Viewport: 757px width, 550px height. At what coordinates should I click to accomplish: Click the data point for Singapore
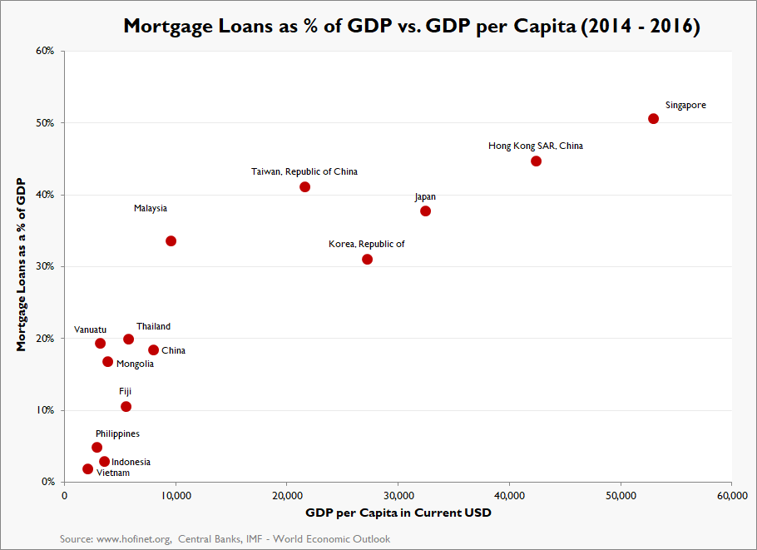tap(653, 118)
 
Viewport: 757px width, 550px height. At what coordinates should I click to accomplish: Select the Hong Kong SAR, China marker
tap(536, 161)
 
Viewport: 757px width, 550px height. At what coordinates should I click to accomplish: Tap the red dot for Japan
tap(425, 211)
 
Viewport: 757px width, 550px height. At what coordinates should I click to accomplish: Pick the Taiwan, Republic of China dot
tap(304, 186)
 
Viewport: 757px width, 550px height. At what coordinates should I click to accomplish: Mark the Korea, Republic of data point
tap(367, 259)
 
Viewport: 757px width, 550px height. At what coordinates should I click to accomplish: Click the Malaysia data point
tap(171, 240)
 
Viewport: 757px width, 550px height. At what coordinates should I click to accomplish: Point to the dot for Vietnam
tap(87, 468)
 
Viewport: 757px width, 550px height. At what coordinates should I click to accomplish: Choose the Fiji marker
tap(126, 406)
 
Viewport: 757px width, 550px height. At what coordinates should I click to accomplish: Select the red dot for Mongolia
tap(107, 361)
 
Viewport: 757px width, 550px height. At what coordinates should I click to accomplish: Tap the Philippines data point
tap(96, 447)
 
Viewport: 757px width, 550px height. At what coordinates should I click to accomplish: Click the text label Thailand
tap(153, 327)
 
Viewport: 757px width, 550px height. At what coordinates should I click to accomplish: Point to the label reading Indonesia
tap(131, 462)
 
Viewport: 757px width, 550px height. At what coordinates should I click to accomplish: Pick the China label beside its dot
tap(173, 351)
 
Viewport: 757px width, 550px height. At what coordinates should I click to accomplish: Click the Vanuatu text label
tap(90, 330)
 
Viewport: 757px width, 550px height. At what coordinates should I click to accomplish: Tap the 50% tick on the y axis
tap(45, 123)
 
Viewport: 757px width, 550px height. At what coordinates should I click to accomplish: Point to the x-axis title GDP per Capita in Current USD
tap(398, 513)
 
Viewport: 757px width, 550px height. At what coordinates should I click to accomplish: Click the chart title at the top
tap(412, 26)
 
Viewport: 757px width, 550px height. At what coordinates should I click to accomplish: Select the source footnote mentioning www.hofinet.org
tap(225, 539)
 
